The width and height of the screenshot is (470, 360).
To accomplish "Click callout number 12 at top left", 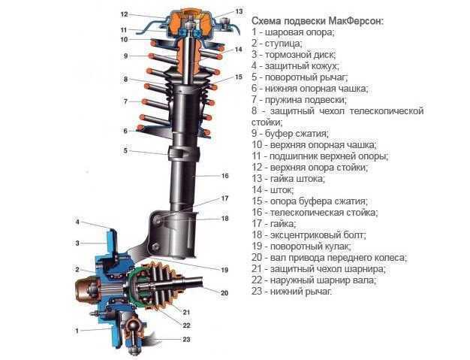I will tap(124, 14).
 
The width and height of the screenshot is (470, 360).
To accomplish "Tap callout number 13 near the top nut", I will tap(239, 12).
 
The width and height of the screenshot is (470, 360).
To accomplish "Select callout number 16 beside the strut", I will tap(224, 176).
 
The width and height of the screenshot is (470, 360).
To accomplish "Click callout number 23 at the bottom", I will tap(187, 340).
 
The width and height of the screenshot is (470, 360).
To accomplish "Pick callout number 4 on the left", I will tap(77, 222).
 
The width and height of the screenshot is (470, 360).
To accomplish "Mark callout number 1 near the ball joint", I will tap(77, 330).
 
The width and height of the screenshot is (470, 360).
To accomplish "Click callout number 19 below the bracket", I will tap(224, 269).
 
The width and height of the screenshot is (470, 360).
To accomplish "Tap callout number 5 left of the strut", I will tap(126, 150).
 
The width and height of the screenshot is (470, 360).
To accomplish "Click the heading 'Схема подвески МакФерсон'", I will tap(317, 20).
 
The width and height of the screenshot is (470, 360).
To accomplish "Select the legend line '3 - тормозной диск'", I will tap(294, 55).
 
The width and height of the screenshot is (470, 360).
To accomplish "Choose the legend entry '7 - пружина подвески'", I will tap(299, 99).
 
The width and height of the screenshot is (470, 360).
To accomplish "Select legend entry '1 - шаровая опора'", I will tap(293, 32).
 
